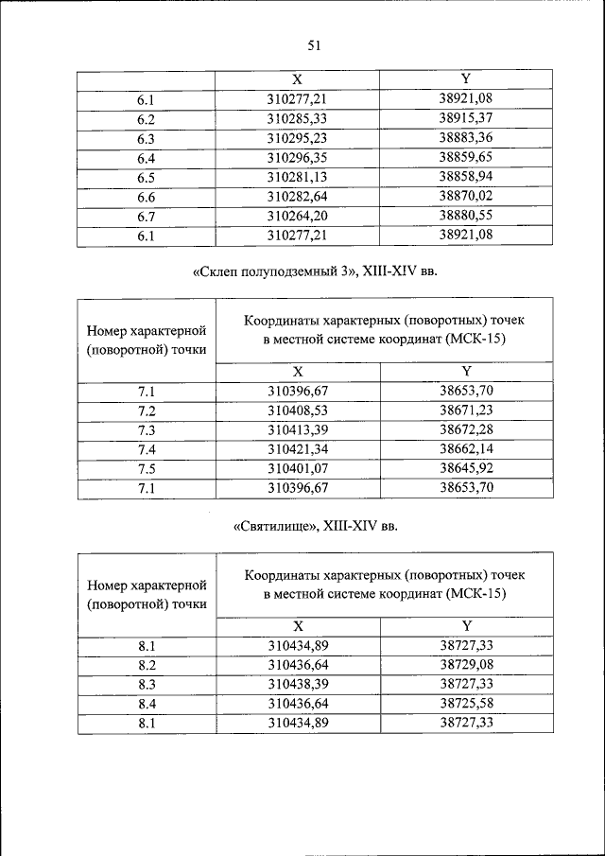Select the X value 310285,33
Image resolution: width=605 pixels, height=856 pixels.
tap(297, 118)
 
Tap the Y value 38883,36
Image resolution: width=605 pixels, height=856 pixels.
tap(466, 138)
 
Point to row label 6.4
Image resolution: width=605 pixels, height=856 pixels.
tap(146, 158)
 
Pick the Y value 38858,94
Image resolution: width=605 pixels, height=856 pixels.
tap(466, 178)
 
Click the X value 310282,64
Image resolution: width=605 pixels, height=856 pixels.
tap(297, 197)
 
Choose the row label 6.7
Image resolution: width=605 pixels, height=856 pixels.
tap(146, 217)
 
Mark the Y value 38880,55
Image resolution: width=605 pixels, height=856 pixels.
tap(466, 217)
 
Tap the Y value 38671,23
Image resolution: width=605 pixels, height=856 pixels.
tap(466, 410)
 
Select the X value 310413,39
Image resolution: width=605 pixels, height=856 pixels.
tap(297, 429)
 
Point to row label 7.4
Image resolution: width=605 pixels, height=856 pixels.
tap(146, 449)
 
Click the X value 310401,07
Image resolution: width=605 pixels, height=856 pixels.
tap(297, 468)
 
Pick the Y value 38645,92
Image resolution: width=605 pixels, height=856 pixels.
tap(466, 468)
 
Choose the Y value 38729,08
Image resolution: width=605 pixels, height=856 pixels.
tap(466, 664)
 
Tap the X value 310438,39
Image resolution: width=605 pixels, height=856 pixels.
tap(297, 684)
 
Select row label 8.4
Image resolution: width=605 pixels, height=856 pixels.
tap(146, 704)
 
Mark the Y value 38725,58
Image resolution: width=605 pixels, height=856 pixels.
tap(466, 704)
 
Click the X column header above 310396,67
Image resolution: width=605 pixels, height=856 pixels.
tap(297, 371)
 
